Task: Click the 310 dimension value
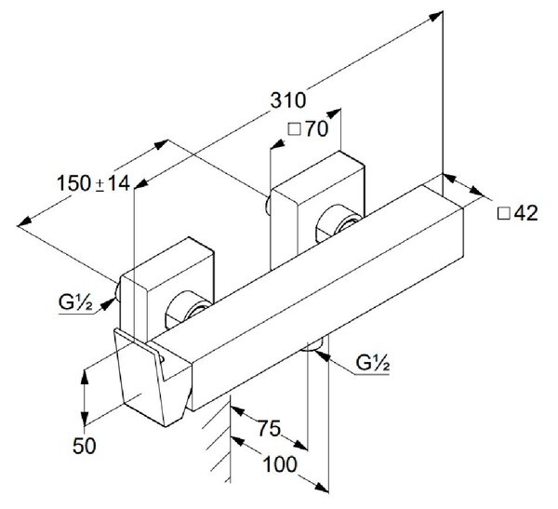(x=288, y=100)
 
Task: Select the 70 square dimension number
(x=317, y=128)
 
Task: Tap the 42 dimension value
(x=526, y=213)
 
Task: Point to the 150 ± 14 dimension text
(x=94, y=183)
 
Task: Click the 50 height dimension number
(x=85, y=446)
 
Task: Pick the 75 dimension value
(x=270, y=428)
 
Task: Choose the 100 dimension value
(x=280, y=464)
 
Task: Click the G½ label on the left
(x=75, y=302)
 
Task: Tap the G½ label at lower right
(x=373, y=363)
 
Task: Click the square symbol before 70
(x=294, y=129)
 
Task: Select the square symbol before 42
(x=503, y=213)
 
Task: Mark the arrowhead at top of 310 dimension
(x=436, y=16)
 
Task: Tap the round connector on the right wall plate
(x=339, y=224)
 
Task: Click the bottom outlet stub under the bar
(x=313, y=345)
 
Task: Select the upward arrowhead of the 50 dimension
(x=85, y=377)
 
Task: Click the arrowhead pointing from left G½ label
(x=108, y=304)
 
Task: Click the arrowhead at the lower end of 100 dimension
(x=321, y=487)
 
